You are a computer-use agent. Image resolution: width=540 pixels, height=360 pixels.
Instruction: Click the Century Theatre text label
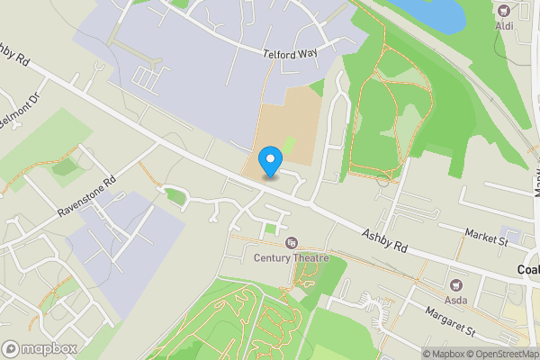[291, 259]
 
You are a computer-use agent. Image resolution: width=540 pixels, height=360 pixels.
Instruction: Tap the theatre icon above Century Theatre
[291, 243]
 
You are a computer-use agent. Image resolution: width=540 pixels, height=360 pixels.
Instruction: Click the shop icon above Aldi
[504, 12]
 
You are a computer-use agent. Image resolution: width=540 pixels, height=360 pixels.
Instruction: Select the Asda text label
[456, 300]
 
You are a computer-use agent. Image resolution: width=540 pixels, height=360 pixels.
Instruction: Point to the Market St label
[487, 238]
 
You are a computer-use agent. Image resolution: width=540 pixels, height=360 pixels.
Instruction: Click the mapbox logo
[39, 348]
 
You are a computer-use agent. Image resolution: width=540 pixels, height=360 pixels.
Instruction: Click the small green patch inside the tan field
[288, 143]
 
